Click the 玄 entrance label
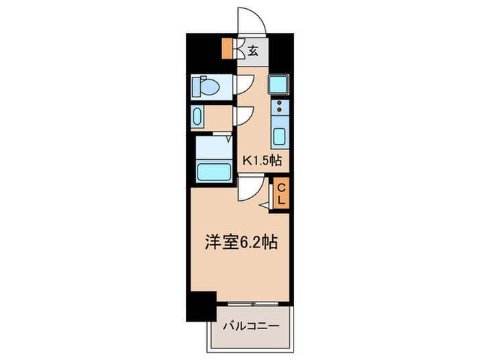pyautogui.click(x=253, y=50)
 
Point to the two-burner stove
pyautogui.click(x=280, y=106)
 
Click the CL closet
pyautogui.click(x=281, y=193)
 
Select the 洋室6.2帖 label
pyautogui.click(x=240, y=242)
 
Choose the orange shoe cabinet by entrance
pyautogui.click(x=228, y=49)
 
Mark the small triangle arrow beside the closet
pyautogui.click(x=264, y=204)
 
